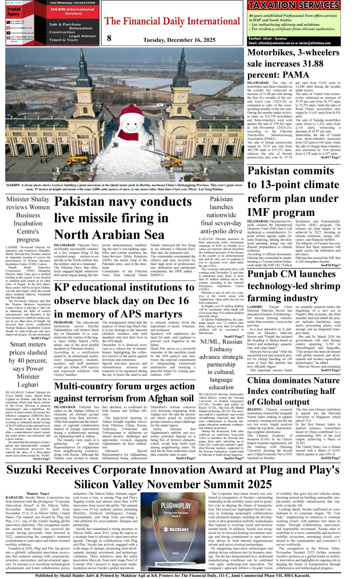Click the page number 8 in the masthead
coord(109,38)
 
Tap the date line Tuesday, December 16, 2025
coord(179,40)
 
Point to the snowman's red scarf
coord(128,135)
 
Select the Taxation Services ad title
coord(293,5)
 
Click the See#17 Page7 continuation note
coord(330,158)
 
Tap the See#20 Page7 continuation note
coord(330,458)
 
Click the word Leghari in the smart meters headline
coord(28,384)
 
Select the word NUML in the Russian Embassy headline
coord(209,342)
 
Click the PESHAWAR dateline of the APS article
coord(64,322)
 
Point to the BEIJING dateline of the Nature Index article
coord(255,409)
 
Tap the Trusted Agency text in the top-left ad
coord(14,12)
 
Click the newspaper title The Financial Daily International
coord(172,21)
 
